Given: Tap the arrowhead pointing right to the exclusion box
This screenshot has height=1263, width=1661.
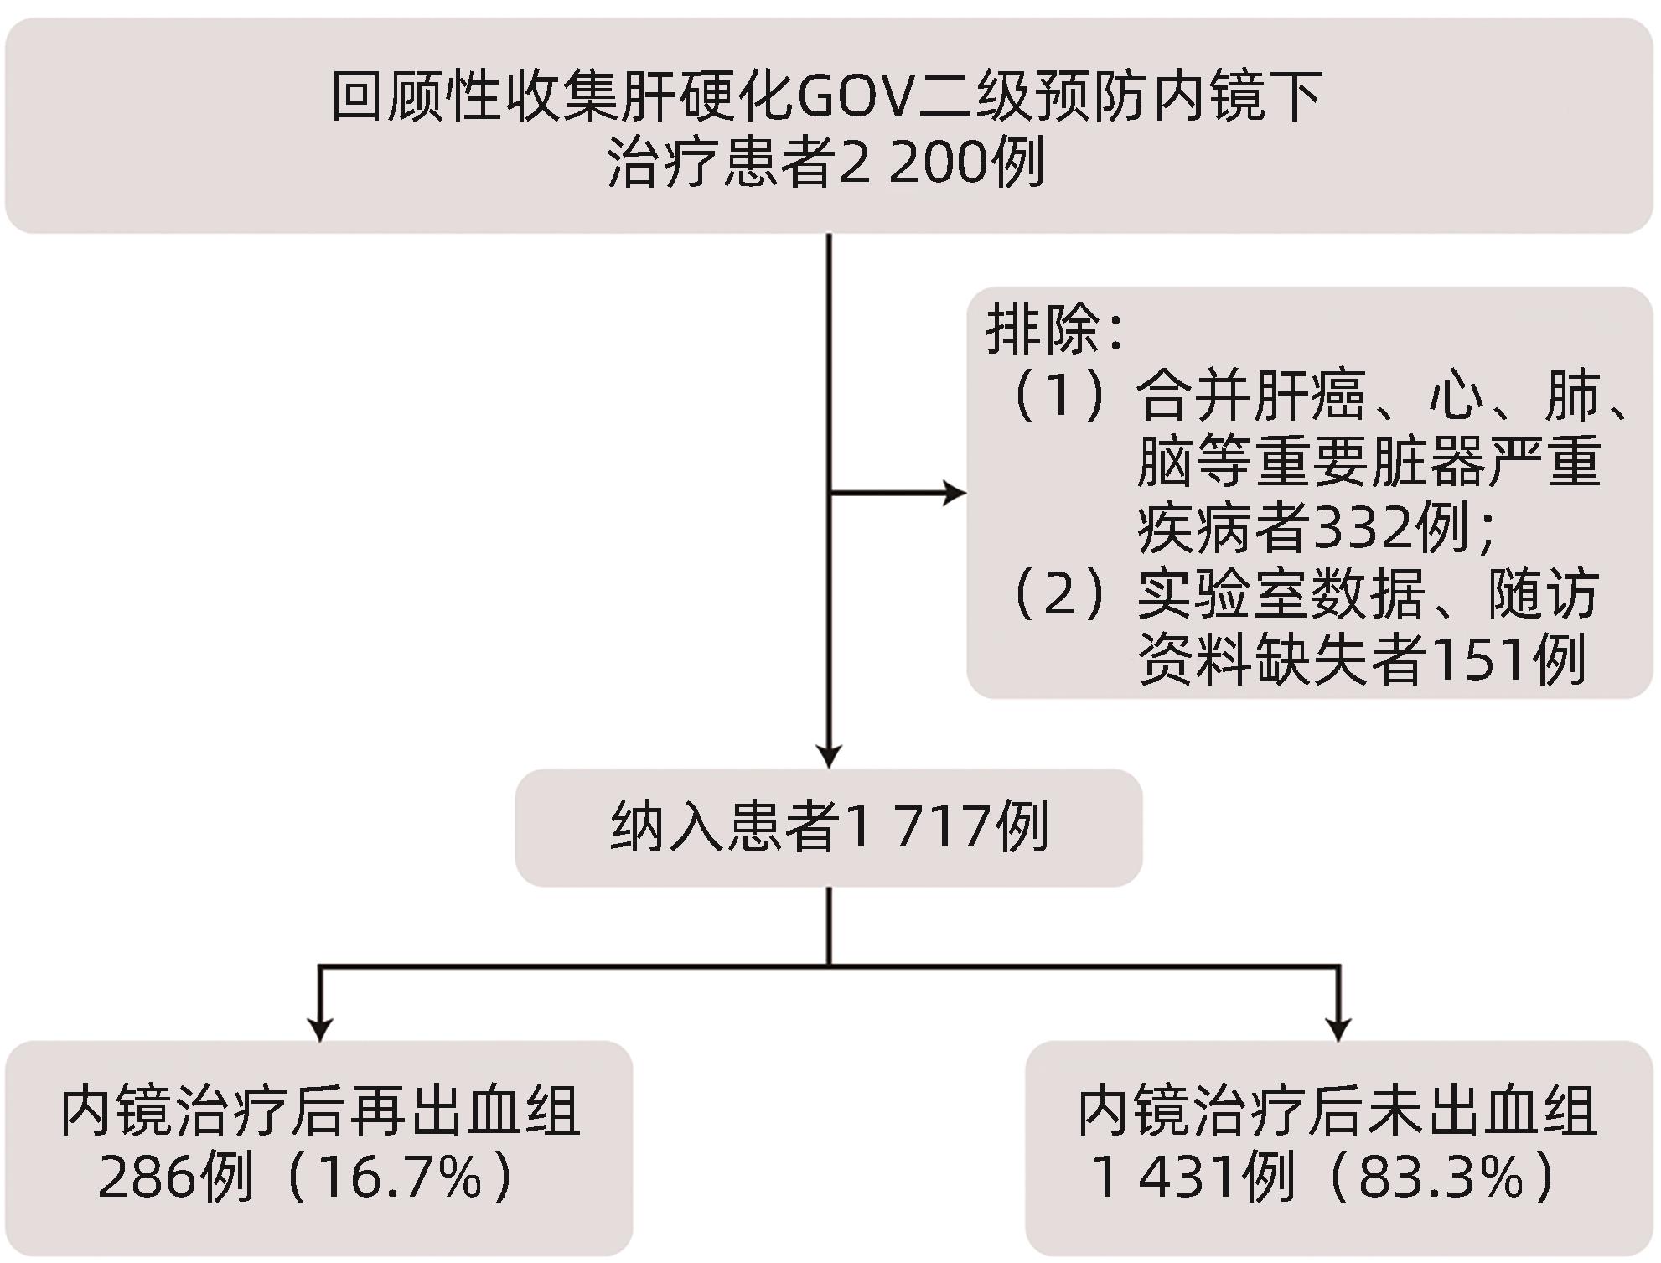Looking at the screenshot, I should coord(955,494).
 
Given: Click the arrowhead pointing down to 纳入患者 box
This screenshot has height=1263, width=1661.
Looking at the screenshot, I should coord(829,756).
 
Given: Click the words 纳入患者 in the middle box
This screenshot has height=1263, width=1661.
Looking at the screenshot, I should coord(726,827).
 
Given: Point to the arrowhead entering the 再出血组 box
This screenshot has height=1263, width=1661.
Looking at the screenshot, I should coord(319,1029).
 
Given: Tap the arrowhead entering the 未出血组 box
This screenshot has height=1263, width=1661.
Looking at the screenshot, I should coord(1338,1029).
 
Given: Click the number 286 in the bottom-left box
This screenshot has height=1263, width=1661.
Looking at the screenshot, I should coord(147,1178).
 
